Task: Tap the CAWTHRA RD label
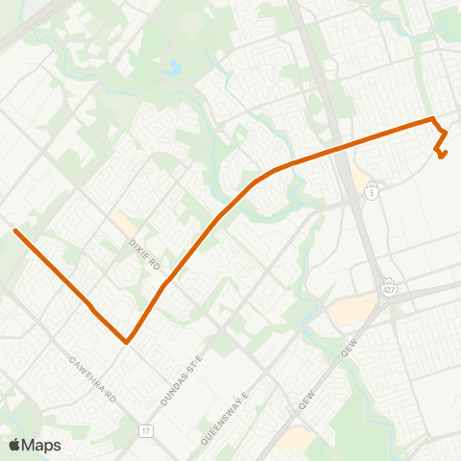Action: point(93,378)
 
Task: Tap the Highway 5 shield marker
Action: point(371,191)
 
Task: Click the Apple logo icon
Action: point(14,445)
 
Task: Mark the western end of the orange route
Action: point(14,230)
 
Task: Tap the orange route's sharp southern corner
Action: point(126,341)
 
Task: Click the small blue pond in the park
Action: point(172,69)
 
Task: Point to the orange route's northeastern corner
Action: point(432,119)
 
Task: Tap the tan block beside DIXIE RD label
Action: point(122,222)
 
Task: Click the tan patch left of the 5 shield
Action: point(361,180)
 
